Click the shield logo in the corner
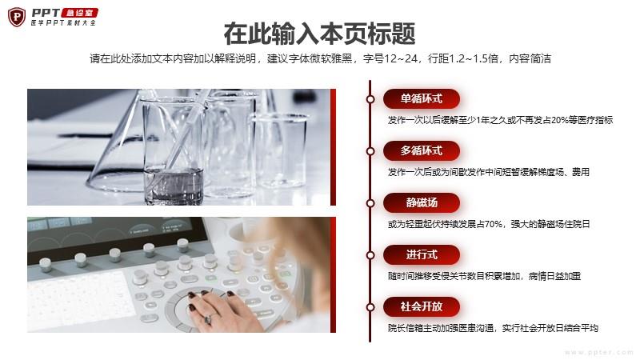(x=17, y=17)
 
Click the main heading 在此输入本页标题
(x=319, y=34)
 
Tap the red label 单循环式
(x=422, y=98)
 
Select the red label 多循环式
(x=422, y=150)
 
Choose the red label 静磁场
(x=422, y=203)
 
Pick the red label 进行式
(x=422, y=254)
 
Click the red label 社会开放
(x=422, y=306)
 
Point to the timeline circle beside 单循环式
(x=370, y=98)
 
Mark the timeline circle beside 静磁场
(x=370, y=203)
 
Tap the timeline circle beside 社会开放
(x=370, y=307)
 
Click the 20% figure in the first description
(x=558, y=120)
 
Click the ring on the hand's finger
(x=208, y=318)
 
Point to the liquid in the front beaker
(x=174, y=186)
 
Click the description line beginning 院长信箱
(x=493, y=328)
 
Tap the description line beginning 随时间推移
(x=484, y=276)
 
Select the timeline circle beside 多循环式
(x=370, y=151)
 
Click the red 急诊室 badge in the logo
(x=79, y=13)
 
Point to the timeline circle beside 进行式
(x=370, y=255)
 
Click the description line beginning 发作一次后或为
(x=489, y=172)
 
